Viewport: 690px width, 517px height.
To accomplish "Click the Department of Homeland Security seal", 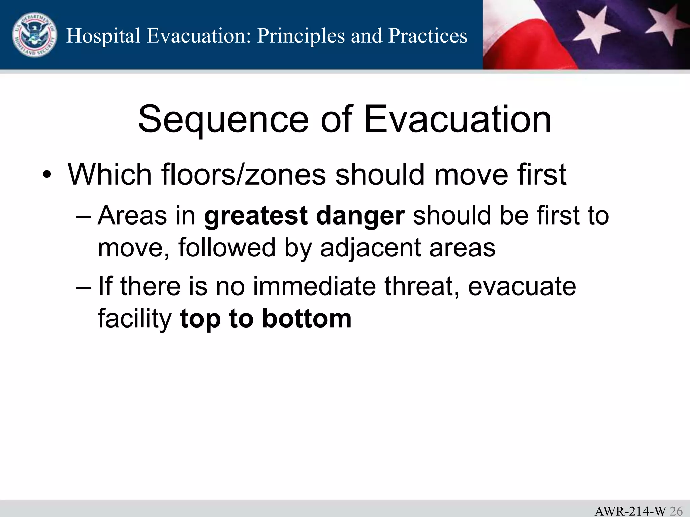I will click(34, 35).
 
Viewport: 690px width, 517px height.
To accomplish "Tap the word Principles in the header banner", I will click(301, 36).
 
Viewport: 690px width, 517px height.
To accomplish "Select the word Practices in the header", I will click(428, 36).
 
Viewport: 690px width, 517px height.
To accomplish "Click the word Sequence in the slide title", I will click(223, 119).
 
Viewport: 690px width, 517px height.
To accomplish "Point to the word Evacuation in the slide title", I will click(458, 119).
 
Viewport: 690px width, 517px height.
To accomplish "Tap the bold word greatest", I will click(256, 216).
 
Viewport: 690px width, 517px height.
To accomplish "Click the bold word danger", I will click(360, 216).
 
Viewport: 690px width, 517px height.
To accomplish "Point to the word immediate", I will click(314, 286).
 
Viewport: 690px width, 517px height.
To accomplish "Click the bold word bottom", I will click(307, 318).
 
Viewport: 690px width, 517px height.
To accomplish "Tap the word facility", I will click(135, 319).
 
